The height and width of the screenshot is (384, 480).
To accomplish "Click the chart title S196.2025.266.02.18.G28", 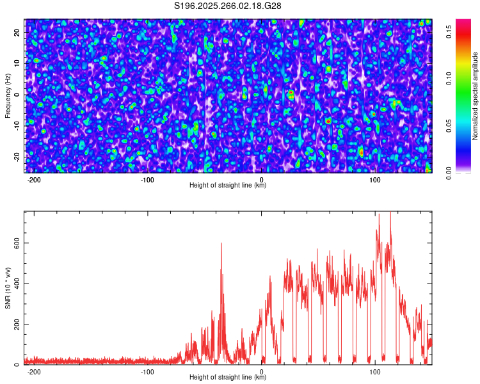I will (228, 6).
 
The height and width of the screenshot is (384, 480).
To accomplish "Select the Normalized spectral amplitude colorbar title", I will (476, 96).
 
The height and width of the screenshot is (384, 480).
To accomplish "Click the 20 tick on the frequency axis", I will (17, 32).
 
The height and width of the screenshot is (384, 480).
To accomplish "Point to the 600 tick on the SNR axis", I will (17, 243).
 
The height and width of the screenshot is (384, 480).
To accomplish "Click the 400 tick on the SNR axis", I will (17, 284).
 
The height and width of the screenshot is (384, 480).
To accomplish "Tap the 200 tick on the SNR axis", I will (17, 324).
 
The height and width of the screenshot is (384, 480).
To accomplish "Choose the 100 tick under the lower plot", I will (375, 372).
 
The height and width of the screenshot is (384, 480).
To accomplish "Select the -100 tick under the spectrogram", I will (148, 180).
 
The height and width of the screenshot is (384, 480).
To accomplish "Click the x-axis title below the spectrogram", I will (228, 186).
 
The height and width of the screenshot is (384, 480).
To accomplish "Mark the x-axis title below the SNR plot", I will (228, 378).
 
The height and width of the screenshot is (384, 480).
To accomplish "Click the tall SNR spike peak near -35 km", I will (221, 244).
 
